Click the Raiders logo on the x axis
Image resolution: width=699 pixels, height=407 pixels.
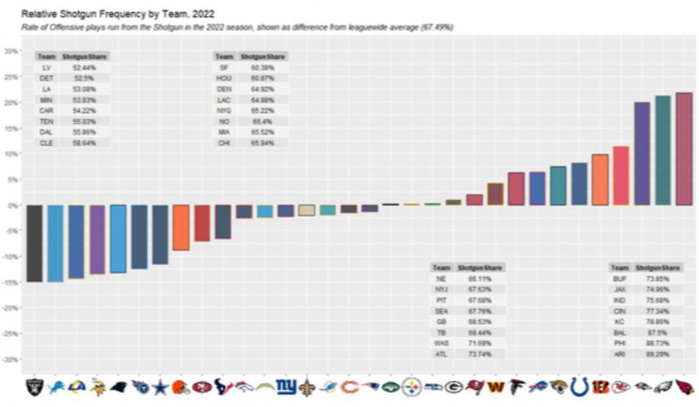34,387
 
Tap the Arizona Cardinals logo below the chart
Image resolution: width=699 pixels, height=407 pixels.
684,387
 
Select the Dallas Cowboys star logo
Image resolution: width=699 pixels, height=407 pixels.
160,387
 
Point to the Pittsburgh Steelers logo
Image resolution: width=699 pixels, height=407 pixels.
412,387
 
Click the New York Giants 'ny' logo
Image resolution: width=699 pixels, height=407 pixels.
286,387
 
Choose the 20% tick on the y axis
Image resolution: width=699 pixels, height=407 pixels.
11,103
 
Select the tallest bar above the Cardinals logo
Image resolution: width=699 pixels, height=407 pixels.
684,149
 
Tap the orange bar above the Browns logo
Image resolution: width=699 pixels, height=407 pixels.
181,227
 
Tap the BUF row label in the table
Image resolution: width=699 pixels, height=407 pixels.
619,278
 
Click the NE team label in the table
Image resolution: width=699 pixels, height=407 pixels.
442,278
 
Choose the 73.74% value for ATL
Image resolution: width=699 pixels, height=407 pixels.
479,355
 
